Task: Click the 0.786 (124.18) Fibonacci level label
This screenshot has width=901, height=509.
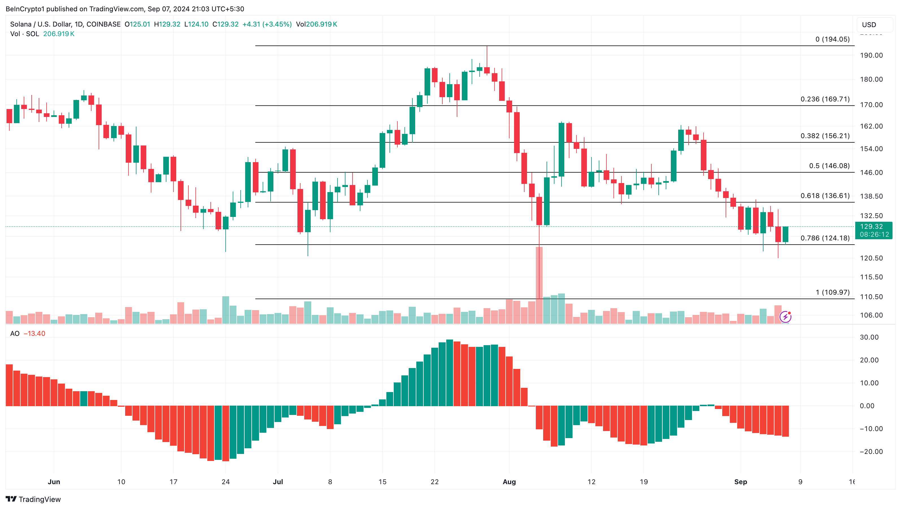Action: click(825, 238)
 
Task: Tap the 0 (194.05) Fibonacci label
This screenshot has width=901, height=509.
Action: click(832, 39)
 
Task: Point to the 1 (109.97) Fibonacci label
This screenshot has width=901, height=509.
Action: click(832, 292)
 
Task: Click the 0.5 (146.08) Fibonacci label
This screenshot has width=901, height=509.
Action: click(829, 166)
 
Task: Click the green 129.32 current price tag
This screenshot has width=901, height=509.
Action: click(873, 230)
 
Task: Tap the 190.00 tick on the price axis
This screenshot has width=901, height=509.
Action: click(871, 55)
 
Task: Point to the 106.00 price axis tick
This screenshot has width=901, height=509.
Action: click(871, 315)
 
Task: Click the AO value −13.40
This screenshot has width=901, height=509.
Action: click(34, 333)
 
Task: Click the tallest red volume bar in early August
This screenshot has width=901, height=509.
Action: click(539, 285)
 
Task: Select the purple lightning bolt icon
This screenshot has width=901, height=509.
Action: click(785, 317)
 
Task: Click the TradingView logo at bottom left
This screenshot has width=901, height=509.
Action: click(33, 499)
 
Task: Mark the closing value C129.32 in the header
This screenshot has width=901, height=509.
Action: click(226, 24)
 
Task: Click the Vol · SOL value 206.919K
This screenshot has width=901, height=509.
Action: click(59, 34)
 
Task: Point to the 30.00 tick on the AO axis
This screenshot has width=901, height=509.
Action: click(869, 337)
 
